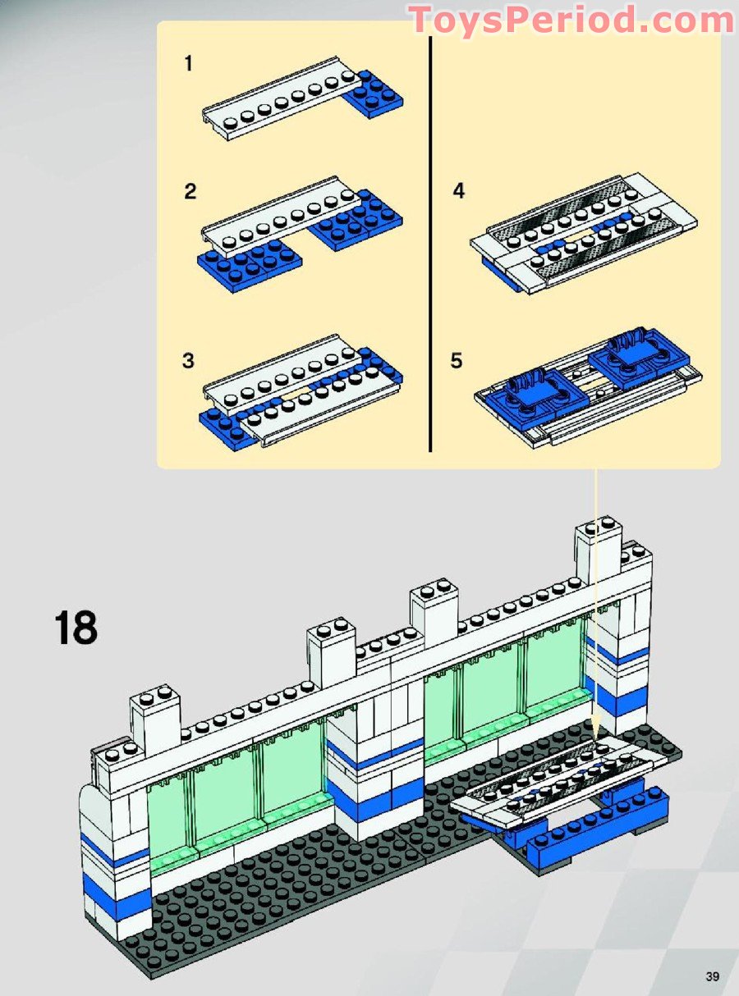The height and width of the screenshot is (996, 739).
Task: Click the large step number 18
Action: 76,628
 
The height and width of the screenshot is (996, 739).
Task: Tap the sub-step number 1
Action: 189,63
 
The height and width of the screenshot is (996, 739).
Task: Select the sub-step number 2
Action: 190,192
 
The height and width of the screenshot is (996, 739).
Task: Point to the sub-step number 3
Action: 188,361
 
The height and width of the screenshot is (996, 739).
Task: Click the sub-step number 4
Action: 458,191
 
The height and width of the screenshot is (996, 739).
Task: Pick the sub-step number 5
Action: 457,361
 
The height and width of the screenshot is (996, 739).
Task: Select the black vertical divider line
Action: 430,244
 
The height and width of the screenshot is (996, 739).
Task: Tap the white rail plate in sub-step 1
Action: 281,98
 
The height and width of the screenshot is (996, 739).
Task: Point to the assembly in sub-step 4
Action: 585,234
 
